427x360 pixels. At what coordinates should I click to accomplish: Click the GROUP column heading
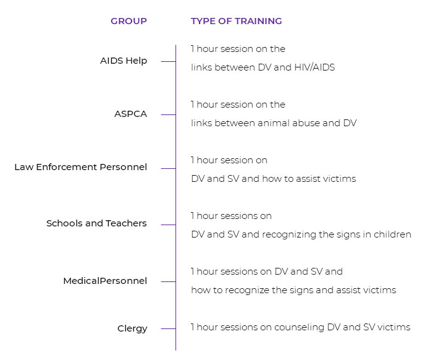[x=129, y=21]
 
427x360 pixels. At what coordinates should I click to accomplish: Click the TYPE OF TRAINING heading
[x=237, y=21]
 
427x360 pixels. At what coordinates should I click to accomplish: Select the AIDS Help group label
[x=124, y=61]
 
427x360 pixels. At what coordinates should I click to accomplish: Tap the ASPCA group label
[x=131, y=114]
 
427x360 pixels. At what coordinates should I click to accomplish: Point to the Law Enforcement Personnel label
[x=80, y=167]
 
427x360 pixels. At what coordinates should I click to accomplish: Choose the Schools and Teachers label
[x=96, y=223]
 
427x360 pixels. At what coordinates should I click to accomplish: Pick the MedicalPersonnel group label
[x=105, y=281]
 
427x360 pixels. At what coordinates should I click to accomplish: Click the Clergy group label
[x=132, y=328]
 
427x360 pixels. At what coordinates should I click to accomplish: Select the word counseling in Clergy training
[x=299, y=327]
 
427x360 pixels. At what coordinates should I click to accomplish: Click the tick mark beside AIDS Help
[x=168, y=62]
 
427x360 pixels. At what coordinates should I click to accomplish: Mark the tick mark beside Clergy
[x=168, y=329]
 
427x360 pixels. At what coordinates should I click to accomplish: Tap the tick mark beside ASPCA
[x=168, y=114]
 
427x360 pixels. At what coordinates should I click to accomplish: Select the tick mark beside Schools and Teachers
[x=168, y=225]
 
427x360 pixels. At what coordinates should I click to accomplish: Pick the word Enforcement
[x=67, y=167]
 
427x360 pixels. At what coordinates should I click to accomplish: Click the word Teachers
[x=126, y=223]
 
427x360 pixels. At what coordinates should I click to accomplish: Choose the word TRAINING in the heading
[x=258, y=21]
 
